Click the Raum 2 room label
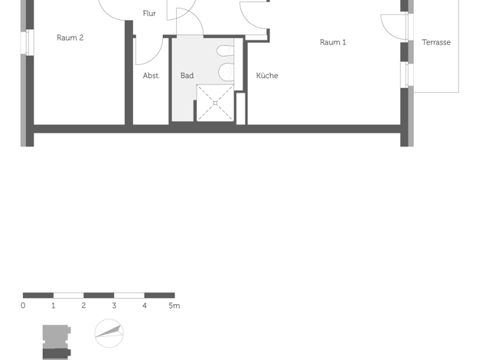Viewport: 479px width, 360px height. point(70,38)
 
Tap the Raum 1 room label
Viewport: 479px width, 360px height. point(333,42)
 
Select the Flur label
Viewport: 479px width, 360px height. point(149,14)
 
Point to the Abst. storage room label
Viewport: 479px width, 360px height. point(152,76)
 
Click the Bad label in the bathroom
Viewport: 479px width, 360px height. point(187,76)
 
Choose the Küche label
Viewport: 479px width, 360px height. point(267,76)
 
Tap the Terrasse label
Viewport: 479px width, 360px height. point(436,42)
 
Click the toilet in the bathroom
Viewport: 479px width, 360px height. point(226,51)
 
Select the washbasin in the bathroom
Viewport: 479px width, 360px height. point(226,72)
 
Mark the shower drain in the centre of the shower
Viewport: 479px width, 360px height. point(215,103)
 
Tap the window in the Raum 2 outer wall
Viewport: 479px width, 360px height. point(27,42)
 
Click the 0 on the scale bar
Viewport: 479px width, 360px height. point(23,306)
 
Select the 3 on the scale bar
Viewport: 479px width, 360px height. point(114,306)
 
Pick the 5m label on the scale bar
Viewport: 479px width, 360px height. point(174,306)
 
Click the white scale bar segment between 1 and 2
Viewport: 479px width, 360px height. point(68,296)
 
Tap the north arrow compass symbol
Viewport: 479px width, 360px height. point(109,333)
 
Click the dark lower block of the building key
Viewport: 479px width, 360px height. point(57,354)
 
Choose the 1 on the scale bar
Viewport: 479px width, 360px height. point(53,306)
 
